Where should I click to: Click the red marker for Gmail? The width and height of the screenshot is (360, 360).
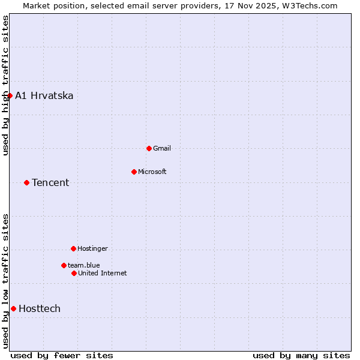pos(149,148)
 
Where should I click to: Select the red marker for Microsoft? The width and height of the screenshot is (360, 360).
pos(134,172)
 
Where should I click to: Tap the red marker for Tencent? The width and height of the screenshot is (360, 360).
pos(26,182)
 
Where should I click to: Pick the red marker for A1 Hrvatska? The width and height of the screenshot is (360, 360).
pos(10,95)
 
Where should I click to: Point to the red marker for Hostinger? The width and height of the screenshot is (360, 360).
pos(73,248)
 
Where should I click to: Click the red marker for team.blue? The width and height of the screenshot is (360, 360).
pos(64,265)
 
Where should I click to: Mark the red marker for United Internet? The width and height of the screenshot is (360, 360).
pos(74,273)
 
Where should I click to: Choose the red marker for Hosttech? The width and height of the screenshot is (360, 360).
pos(13,308)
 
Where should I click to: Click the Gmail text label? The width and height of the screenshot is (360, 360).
pos(162,148)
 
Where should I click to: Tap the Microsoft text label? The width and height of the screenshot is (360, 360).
pos(152,172)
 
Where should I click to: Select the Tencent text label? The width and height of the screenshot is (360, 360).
pos(50,182)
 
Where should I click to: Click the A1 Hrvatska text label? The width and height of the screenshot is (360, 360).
pos(44,95)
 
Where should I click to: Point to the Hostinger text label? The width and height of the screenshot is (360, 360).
pos(93,248)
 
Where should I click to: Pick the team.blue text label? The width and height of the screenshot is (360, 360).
pos(84,265)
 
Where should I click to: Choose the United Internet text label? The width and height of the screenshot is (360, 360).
pos(103,273)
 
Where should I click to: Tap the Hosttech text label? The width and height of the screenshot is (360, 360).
pos(40,308)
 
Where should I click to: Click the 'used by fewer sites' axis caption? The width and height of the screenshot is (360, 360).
pos(62,355)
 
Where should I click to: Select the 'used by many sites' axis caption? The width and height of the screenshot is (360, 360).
pos(301,355)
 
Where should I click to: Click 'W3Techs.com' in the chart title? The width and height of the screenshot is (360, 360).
pos(309,5)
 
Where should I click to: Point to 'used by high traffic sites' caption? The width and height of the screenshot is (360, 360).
pos(5,85)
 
